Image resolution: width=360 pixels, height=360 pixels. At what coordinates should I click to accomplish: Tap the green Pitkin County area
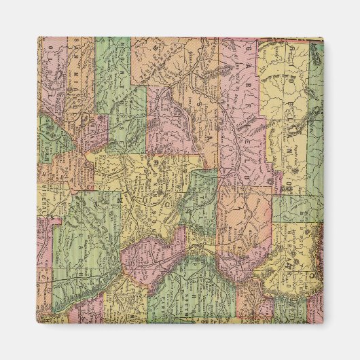[204, 197]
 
